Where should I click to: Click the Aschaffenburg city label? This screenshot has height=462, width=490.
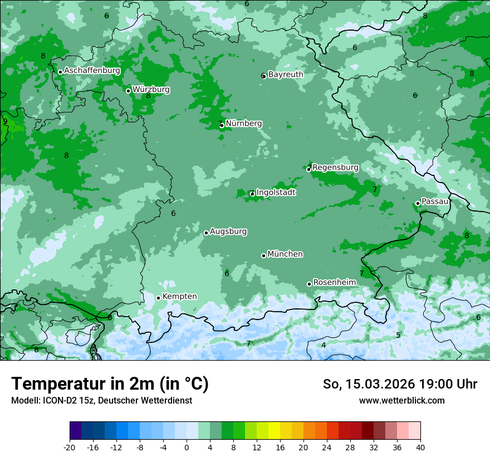(92, 71)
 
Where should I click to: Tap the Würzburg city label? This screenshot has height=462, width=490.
(151, 89)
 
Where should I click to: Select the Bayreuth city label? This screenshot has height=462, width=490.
(286, 74)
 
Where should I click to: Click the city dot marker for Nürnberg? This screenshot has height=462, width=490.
(222, 125)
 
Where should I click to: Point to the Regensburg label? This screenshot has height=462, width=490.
(335, 167)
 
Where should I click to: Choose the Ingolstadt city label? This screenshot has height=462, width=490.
(276, 192)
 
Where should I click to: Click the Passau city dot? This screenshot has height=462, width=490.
(418, 203)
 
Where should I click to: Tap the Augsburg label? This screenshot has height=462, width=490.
(228, 231)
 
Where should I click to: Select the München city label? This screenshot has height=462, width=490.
(285, 254)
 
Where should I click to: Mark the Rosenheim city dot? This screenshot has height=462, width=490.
(309, 284)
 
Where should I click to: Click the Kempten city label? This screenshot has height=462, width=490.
(179, 296)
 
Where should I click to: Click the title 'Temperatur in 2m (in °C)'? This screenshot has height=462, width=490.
(110, 384)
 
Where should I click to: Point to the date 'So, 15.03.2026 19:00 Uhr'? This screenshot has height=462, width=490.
(400, 384)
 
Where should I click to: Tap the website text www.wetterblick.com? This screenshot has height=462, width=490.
(401, 400)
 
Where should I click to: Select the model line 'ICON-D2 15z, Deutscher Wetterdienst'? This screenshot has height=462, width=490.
(101, 400)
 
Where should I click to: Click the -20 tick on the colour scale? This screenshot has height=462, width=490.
(70, 447)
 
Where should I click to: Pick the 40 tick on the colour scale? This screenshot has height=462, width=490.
(420, 447)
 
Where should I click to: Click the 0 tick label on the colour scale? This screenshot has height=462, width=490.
(187, 447)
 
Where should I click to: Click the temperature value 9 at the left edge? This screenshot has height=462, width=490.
(5, 122)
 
